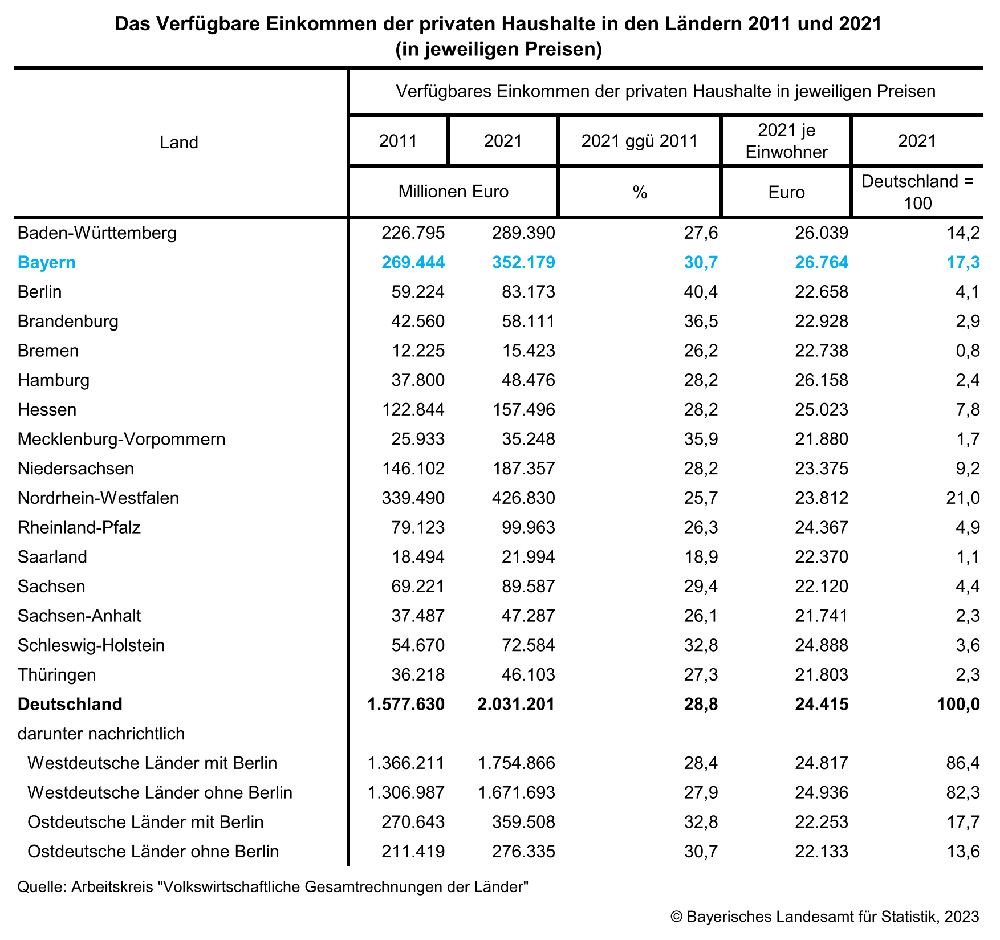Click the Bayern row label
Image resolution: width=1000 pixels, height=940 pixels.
47,263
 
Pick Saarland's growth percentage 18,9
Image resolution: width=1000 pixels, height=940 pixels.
701,557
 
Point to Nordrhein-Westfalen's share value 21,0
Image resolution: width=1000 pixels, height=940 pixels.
963,498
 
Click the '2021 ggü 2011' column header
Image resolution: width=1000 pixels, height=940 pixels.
640,141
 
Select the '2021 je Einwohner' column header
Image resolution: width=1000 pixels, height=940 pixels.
786,141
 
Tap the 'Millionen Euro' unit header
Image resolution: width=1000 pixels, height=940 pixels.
453,192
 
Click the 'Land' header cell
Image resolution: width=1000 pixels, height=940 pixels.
179,143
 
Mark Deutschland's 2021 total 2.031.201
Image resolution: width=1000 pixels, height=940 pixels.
516,705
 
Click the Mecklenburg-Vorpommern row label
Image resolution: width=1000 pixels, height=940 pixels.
121,440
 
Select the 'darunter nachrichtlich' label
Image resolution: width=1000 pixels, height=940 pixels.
101,734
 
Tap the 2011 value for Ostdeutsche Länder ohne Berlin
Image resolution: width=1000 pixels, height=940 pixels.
413,852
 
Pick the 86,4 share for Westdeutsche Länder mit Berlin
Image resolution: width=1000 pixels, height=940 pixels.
963,763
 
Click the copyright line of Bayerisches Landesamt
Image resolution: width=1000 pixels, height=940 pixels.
824,917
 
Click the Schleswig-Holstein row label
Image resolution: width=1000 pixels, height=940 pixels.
91,645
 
